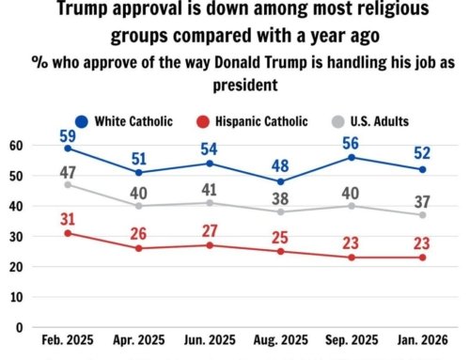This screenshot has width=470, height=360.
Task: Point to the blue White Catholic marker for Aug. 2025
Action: (x=280, y=181)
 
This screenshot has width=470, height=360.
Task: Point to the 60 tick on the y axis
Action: (x=14, y=146)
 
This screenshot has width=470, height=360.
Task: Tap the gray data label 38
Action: (x=281, y=198)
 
